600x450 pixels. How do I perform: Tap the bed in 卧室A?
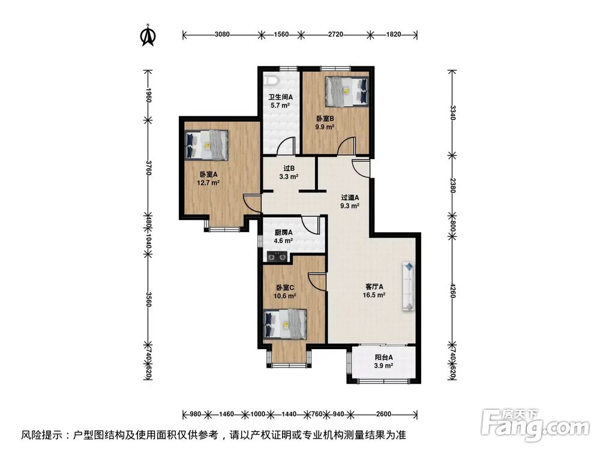coord(206,145)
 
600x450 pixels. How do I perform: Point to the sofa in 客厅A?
coord(408,286)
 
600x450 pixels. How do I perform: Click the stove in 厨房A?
coord(277,257)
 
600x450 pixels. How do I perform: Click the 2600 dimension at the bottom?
coord(384,414)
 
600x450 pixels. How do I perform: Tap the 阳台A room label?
coord(383,358)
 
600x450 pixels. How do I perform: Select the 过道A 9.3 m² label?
coord(350,201)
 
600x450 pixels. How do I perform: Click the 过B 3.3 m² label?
coord(289,173)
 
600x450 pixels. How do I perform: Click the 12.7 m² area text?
coord(209,182)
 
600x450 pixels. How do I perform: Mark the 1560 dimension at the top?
coord(280,35)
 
